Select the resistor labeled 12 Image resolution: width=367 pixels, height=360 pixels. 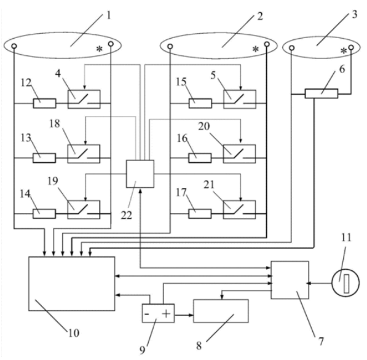tap(44, 103)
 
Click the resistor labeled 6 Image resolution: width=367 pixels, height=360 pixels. tap(322, 93)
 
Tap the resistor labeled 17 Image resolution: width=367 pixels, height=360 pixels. tap(200, 214)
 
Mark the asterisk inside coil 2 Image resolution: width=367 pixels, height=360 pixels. tap(256, 49)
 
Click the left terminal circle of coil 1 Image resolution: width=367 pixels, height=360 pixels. tap(14, 46)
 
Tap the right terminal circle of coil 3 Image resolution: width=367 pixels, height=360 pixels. tap(351, 47)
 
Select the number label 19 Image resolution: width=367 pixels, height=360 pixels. tap(53, 181)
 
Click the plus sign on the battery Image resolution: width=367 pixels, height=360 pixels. tap(166, 313)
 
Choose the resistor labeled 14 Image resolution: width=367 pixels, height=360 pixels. tap(44, 214)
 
